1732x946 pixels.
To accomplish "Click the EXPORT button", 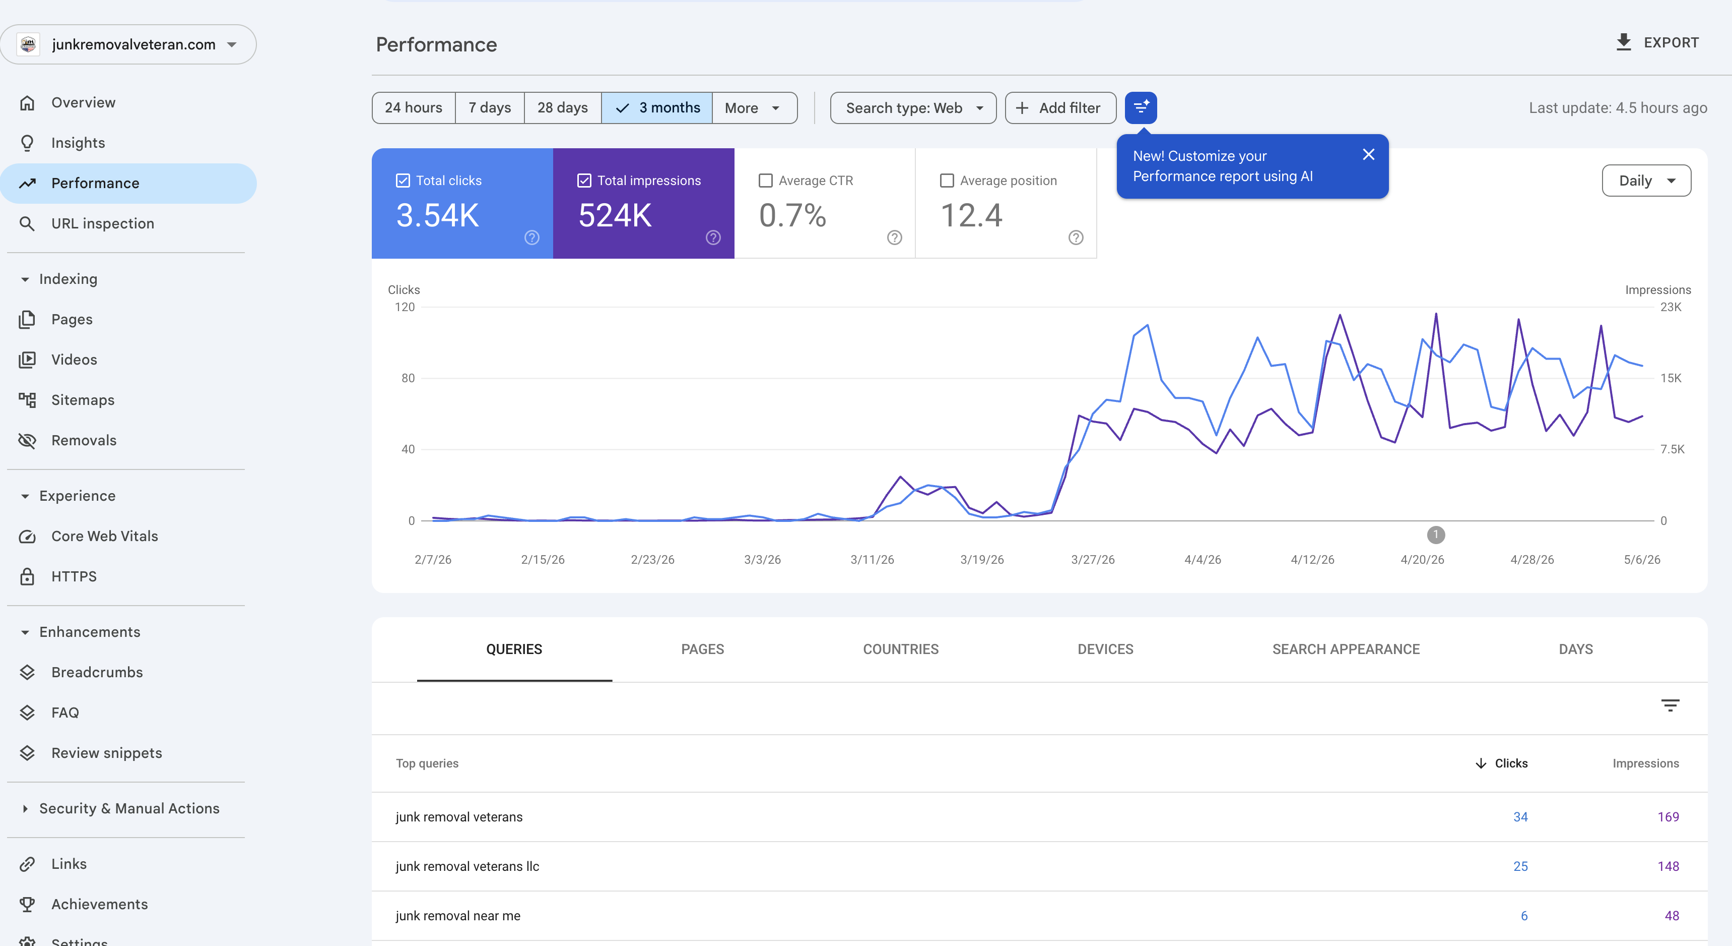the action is coord(1657,42).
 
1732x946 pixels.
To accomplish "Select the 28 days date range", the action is coord(562,107).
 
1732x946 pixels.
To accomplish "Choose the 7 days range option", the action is coord(490,107).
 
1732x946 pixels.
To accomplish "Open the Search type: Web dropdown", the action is coord(913,107).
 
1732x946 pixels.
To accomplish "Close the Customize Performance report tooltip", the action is coord(1368,155).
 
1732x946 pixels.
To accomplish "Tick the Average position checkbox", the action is coord(947,181).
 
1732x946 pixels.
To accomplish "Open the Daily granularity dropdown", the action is coord(1646,181).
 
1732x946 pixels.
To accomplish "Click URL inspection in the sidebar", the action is coord(102,223).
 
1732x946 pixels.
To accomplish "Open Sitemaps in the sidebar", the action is coord(83,400).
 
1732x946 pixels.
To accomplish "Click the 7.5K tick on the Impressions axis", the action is coord(1672,449).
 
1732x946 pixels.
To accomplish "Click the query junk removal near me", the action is coord(458,916).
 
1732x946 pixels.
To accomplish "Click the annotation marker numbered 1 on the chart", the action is coord(1435,535).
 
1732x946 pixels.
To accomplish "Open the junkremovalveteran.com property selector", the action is coord(128,44).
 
